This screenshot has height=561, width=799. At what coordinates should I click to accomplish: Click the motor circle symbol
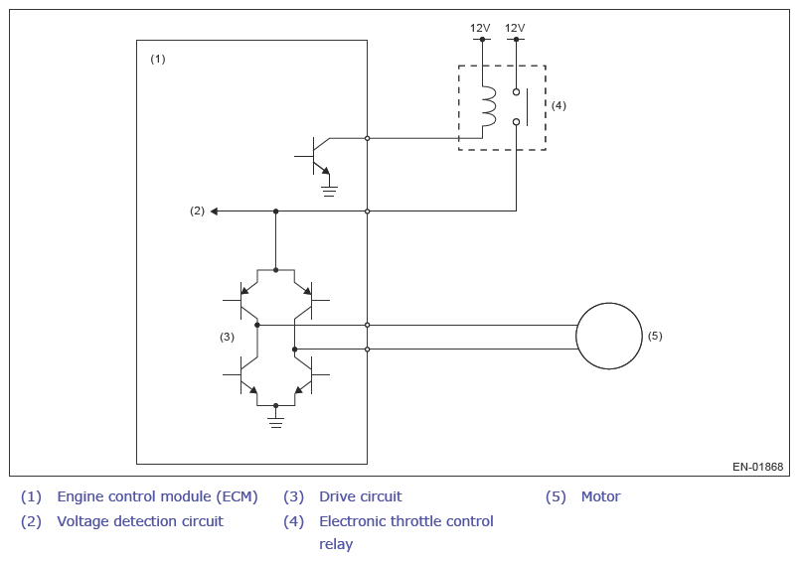tap(576, 336)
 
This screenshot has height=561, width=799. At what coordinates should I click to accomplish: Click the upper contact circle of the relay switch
tap(516, 92)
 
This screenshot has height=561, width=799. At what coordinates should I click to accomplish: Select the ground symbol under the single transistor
tap(329, 192)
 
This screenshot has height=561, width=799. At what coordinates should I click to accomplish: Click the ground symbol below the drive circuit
tap(275, 422)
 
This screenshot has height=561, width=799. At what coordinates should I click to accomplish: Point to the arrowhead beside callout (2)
tap(214, 211)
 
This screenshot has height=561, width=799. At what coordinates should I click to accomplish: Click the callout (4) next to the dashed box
tap(559, 105)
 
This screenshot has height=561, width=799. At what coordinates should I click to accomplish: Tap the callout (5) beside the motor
tap(655, 336)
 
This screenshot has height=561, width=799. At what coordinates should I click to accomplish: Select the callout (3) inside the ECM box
tap(227, 337)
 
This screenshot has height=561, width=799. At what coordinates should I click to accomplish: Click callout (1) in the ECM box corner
tap(158, 59)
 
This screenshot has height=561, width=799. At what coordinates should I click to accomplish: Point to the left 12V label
tap(480, 28)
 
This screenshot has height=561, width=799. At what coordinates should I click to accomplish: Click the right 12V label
tap(515, 28)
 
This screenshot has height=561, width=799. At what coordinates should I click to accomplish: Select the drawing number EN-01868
tap(757, 467)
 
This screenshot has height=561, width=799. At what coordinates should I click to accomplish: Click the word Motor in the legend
tap(601, 496)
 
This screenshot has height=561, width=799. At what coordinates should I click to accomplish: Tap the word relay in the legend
tap(336, 544)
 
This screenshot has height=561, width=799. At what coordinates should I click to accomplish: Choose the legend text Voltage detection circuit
tap(140, 521)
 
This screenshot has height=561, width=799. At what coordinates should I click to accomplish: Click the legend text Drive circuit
tap(361, 496)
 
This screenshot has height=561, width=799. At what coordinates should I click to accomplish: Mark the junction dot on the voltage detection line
tap(275, 211)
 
